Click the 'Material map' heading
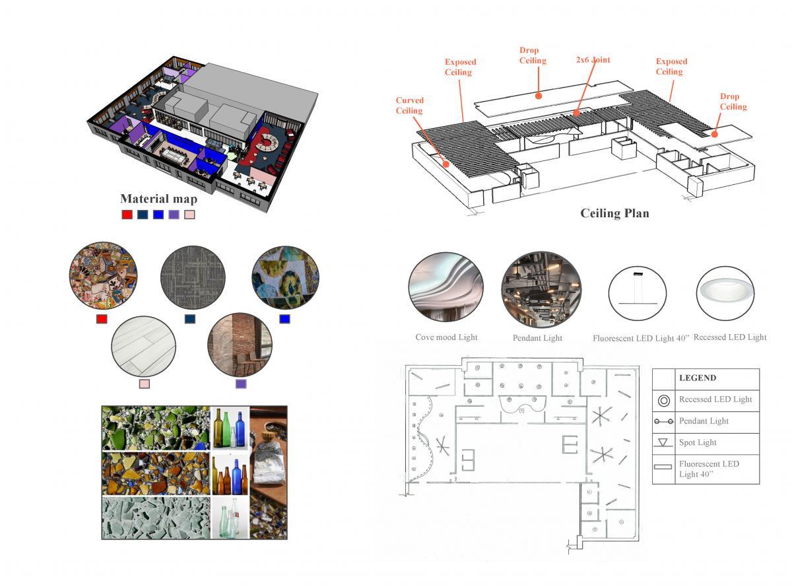[x=158, y=198]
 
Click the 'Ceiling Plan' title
[x=614, y=213]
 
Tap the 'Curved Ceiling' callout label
[x=409, y=106]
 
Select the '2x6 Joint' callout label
[x=593, y=59]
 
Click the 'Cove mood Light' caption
[x=446, y=337]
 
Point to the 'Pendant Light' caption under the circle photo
[x=537, y=338]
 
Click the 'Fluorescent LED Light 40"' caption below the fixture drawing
[x=640, y=338]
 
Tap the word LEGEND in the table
[x=698, y=378]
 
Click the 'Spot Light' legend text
[x=698, y=442]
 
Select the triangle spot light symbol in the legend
[x=663, y=442]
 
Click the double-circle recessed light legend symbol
[x=663, y=399]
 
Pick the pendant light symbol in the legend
[x=663, y=421]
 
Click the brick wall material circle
[x=240, y=344]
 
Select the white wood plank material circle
[x=144, y=344]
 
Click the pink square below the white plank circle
[x=144, y=384]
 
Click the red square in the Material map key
[x=127, y=215]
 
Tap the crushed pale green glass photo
[x=156, y=518]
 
